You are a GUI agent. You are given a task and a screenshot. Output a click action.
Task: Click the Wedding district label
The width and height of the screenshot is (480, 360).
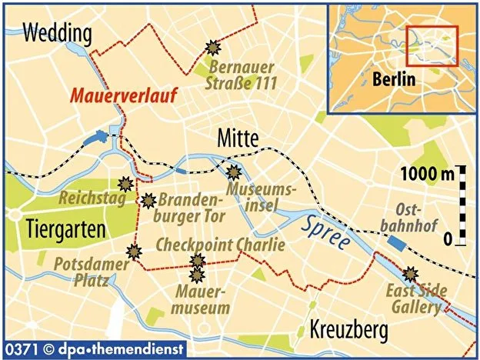(57, 33)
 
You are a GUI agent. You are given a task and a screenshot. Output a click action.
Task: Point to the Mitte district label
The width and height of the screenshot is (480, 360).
(239, 138)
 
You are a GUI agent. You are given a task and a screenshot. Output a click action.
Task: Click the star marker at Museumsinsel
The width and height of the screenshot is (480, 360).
(234, 172)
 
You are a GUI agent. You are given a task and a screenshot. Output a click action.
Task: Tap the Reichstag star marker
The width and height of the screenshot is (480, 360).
(125, 184)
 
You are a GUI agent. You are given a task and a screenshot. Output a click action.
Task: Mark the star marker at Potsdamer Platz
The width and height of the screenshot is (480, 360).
(135, 251)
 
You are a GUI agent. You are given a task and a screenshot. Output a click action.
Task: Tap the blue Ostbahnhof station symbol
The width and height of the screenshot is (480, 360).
(397, 243)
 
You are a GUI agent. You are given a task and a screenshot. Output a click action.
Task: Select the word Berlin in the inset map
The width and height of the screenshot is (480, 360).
(393, 79)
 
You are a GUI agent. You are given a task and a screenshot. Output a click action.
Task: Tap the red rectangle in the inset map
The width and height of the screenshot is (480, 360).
(432, 45)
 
